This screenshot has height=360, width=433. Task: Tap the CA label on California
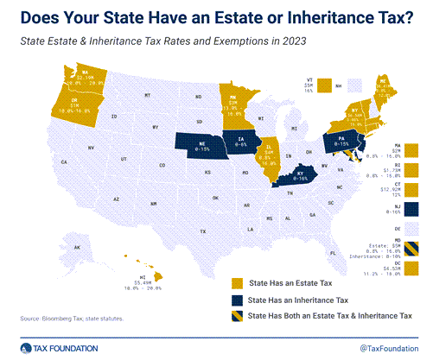click(x=64, y=161)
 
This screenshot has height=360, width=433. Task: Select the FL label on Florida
click(x=333, y=253)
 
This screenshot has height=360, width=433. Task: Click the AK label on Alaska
click(x=77, y=249)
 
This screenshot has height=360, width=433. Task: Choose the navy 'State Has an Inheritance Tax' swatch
click(x=236, y=299)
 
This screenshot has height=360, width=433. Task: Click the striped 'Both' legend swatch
click(x=236, y=316)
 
